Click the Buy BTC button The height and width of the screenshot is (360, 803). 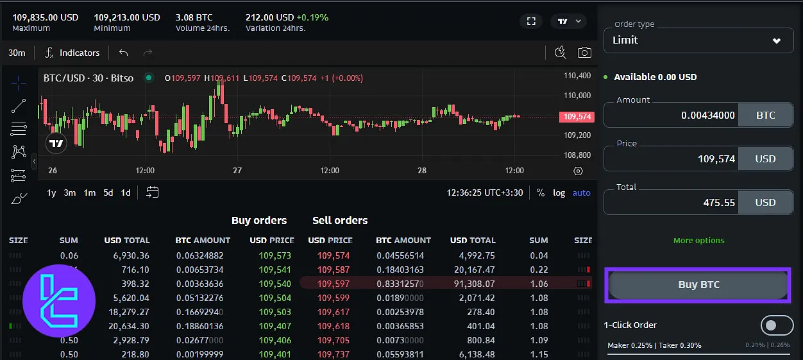[698, 285]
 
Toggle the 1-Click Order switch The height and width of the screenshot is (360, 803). [777, 325]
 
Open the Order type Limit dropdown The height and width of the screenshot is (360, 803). [698, 40]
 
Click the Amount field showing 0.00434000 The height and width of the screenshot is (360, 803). [671, 116]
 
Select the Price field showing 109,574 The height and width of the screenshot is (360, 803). [671, 159]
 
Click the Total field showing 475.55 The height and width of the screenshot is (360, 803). [671, 203]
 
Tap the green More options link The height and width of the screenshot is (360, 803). [698, 241]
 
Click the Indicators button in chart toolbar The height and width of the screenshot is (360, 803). [72, 53]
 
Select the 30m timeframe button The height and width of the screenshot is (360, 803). [17, 53]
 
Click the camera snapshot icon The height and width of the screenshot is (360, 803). [584, 53]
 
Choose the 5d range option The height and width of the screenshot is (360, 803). [108, 193]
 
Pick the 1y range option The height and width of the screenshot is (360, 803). [51, 193]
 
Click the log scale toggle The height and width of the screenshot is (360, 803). [559, 193]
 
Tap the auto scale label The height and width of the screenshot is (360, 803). [581, 193]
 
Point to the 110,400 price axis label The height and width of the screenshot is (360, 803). [577, 76]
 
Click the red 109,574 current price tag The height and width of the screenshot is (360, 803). [576, 117]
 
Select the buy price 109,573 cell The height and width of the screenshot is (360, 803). [275, 256]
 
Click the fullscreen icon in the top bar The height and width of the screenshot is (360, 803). [531, 21]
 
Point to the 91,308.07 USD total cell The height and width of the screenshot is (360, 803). [473, 284]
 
